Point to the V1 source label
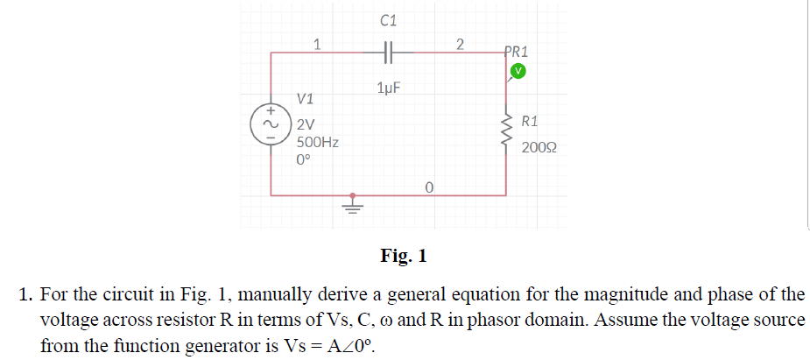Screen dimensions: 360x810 click(306, 98)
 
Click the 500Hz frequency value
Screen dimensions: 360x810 click(319, 143)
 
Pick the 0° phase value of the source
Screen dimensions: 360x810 click(304, 160)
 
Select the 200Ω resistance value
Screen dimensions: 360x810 click(539, 149)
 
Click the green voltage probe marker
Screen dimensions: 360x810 click(518, 70)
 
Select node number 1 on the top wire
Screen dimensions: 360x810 click(317, 42)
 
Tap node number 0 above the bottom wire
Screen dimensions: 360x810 click(429, 187)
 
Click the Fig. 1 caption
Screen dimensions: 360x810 click(404, 256)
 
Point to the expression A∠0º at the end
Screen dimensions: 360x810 click(349, 346)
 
